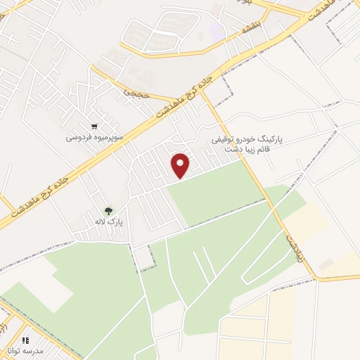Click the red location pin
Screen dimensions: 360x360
click(x=181, y=165)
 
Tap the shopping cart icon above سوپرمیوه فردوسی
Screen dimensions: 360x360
click(x=104, y=127)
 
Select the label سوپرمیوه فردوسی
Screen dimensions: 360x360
click(x=95, y=138)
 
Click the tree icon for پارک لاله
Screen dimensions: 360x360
click(x=108, y=210)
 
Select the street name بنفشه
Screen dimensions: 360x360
click(x=250, y=29)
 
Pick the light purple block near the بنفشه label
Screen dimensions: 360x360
click(x=217, y=32)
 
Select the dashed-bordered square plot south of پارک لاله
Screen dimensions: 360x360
click(x=144, y=259)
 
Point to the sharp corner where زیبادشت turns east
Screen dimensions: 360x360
click(x=314, y=278)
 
